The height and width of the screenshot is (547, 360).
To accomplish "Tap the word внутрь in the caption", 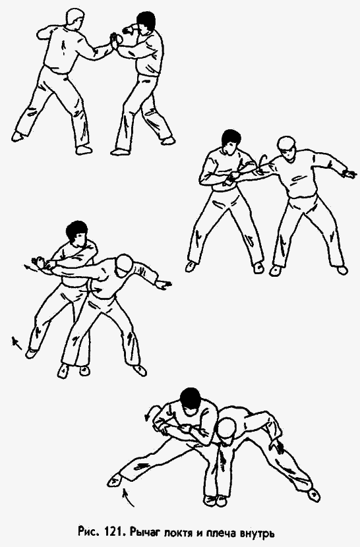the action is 258,533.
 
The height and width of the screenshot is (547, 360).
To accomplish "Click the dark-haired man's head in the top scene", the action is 146,24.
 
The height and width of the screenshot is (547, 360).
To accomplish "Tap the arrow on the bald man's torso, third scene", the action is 94,289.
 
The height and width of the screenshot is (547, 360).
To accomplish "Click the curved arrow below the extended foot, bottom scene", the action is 129,497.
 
